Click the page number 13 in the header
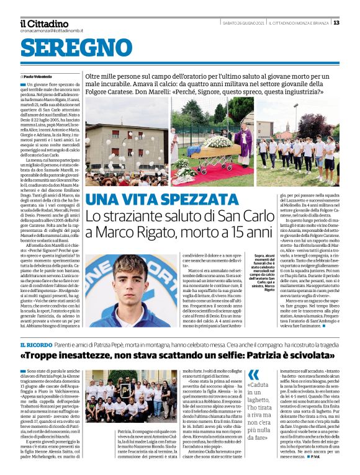(x=336, y=23)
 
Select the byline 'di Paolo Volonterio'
(x=38, y=76)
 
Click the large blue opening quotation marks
(x=254, y=375)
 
